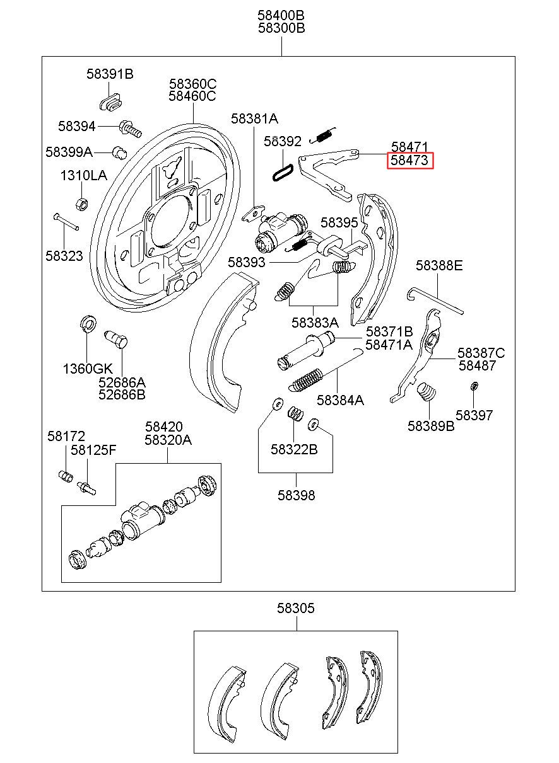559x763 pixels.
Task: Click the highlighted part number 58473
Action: point(409,161)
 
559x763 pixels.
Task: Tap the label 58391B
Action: point(110,74)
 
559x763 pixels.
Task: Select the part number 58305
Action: point(295,608)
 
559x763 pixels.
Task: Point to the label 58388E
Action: point(439,265)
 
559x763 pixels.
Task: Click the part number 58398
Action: point(296,495)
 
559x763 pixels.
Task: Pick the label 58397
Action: point(474,415)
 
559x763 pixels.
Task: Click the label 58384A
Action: point(340,399)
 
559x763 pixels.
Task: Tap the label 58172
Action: point(66,435)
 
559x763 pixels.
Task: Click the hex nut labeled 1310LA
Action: point(81,204)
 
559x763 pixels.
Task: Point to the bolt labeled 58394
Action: point(129,129)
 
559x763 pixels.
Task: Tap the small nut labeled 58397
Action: point(474,386)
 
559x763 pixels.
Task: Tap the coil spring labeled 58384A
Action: point(306,379)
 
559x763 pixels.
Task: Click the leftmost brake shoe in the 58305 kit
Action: point(228,699)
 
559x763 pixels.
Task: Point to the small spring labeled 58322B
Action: point(295,414)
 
